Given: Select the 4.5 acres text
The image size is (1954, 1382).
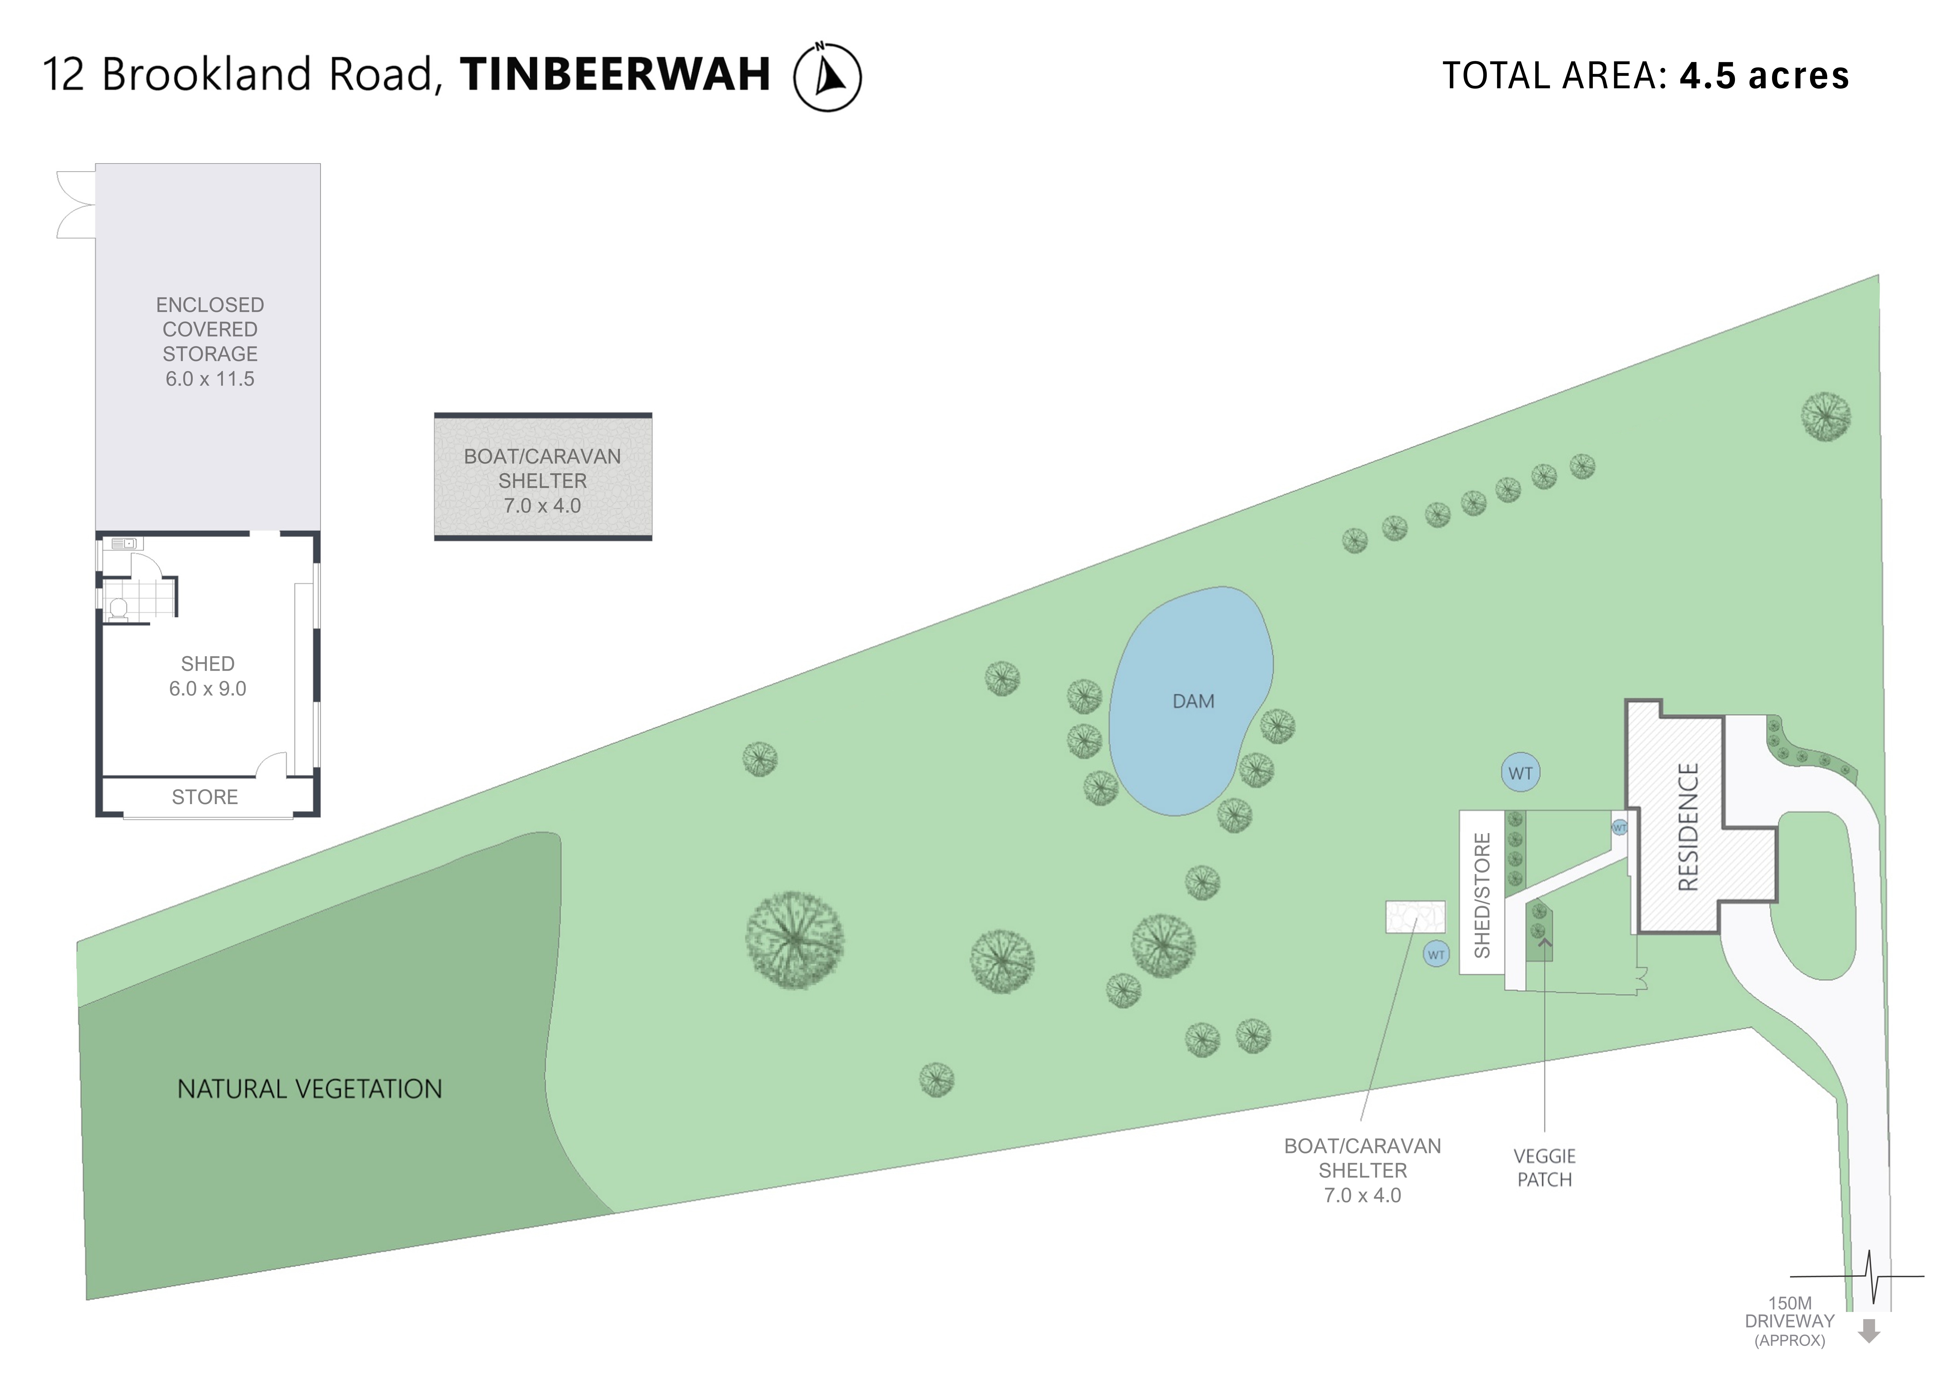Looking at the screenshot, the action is point(1764,76).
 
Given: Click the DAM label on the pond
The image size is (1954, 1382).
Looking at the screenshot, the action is point(1193,701).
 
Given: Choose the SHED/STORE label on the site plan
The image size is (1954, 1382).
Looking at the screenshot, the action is point(1482,895).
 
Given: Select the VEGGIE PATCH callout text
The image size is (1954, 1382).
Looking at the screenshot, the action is point(1545,1168).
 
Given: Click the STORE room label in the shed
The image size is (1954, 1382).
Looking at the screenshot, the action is point(205,797).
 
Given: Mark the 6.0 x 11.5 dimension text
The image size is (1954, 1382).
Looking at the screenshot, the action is point(210,379).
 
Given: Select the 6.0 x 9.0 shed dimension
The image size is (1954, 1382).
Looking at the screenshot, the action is point(208,688).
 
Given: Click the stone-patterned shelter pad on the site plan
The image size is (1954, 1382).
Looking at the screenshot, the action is point(1415,916).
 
